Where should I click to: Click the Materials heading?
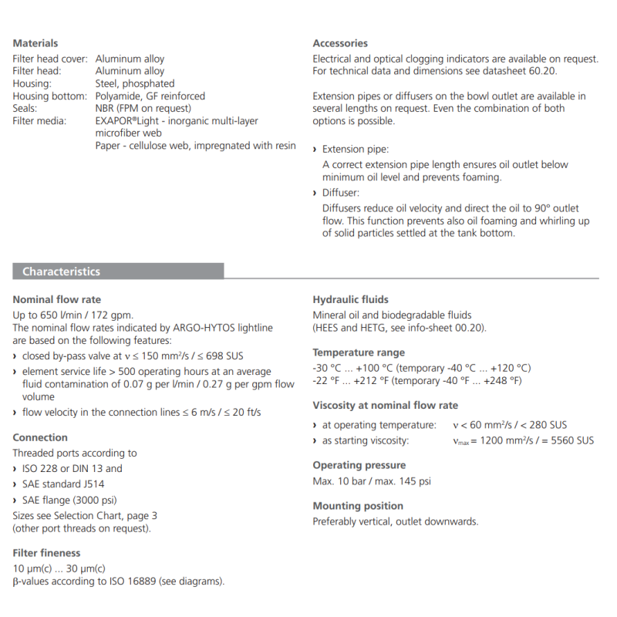(x=35, y=43)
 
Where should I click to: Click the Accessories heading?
(x=340, y=43)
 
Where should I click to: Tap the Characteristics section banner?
(x=61, y=271)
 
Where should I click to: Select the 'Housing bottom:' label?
(x=49, y=96)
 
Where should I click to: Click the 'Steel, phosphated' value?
(x=135, y=83)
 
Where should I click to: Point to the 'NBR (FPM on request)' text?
(x=143, y=109)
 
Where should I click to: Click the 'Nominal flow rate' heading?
(x=57, y=299)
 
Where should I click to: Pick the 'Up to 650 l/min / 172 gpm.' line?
(x=72, y=315)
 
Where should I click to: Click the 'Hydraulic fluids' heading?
(x=350, y=299)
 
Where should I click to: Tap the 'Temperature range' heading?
(x=359, y=352)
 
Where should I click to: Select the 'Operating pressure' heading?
(x=359, y=465)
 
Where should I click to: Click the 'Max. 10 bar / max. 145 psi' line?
(x=372, y=481)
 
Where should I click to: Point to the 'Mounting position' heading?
(x=358, y=506)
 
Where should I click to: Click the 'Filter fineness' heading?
(x=46, y=553)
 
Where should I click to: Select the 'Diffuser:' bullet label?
(x=341, y=193)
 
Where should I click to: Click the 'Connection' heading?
(x=40, y=437)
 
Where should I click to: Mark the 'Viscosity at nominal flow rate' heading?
(x=385, y=405)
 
